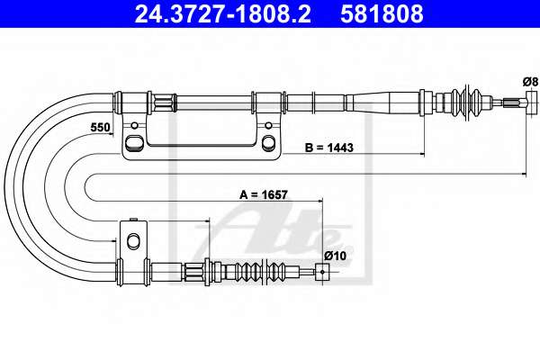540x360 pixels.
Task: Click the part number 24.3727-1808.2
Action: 223,13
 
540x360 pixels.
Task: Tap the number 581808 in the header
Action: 382,13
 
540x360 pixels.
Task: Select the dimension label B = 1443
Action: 329,148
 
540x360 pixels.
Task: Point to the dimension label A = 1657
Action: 264,195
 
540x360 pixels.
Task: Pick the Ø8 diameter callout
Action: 530,82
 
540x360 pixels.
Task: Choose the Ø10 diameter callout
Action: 335,256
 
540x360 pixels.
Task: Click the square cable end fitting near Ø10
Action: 322,272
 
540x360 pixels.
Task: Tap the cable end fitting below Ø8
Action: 532,103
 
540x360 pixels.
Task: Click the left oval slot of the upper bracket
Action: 134,142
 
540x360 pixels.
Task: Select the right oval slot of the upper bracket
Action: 268,142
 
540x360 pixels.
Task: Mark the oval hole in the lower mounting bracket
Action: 133,240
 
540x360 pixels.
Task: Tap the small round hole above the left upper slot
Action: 135,125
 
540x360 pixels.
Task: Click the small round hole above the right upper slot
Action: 268,125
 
